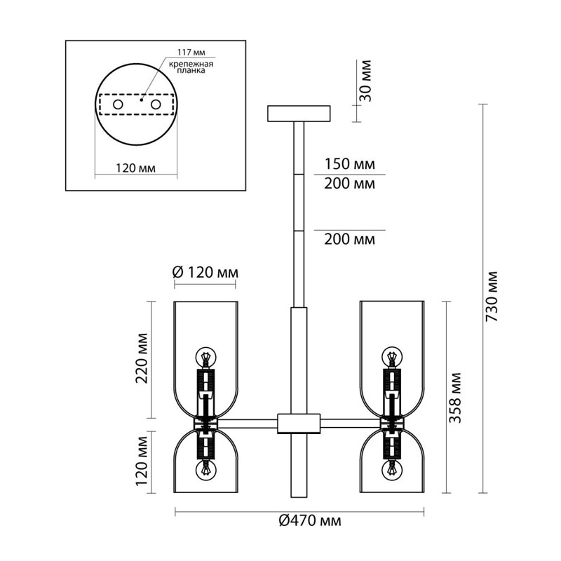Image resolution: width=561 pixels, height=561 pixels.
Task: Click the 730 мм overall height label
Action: click(492, 295)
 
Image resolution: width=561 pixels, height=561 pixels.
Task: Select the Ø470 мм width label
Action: click(309, 520)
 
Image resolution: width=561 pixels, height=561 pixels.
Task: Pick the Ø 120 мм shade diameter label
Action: click(205, 272)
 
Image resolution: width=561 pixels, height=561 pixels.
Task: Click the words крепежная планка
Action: click(190, 67)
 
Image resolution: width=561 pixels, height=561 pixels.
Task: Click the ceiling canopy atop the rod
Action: click(299, 113)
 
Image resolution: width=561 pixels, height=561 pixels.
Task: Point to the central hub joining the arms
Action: click(299, 424)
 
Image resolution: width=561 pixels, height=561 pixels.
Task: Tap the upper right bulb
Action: click(391, 356)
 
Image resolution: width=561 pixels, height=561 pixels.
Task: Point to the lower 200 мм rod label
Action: click(349, 239)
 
